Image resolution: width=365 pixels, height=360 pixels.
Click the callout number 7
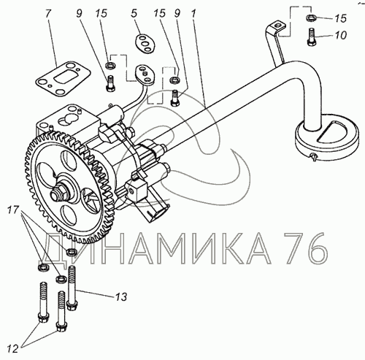click(48, 13)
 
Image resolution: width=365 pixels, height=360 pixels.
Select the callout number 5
click(134, 14)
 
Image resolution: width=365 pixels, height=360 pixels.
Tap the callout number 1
click(193, 14)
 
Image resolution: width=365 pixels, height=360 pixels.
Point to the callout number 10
click(340, 35)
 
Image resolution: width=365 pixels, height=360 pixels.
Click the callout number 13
click(121, 296)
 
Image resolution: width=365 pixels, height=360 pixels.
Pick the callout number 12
click(12, 349)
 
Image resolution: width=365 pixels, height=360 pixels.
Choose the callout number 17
click(13, 210)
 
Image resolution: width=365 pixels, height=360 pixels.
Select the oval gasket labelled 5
click(145, 44)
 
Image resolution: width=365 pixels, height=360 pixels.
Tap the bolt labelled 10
click(312, 37)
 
